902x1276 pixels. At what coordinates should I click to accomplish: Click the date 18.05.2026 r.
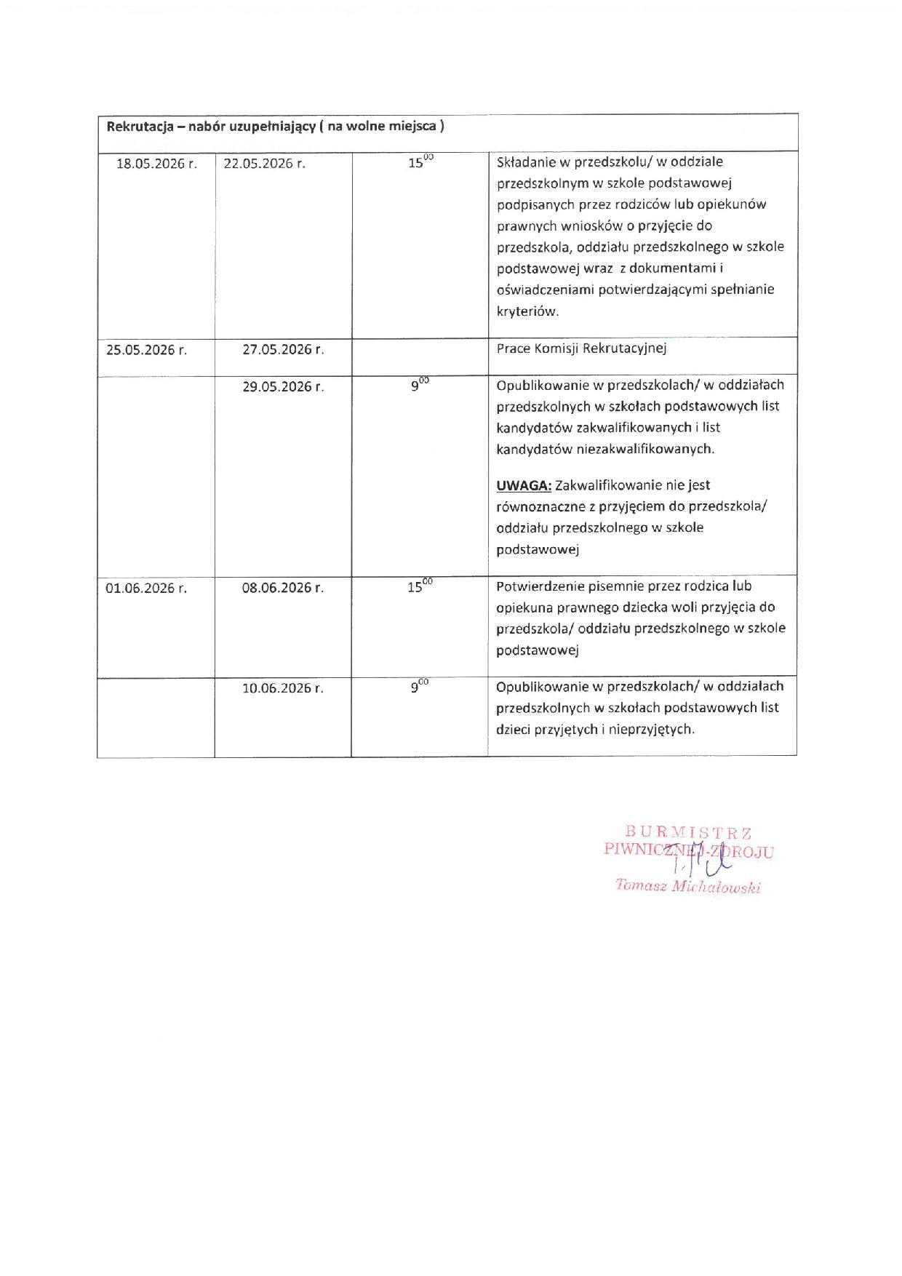(156, 164)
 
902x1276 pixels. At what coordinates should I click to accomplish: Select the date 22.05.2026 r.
(264, 164)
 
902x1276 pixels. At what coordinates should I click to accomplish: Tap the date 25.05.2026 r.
(146, 350)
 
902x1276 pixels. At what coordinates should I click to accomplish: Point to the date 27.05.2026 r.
(283, 349)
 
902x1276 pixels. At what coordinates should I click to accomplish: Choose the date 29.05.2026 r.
(283, 387)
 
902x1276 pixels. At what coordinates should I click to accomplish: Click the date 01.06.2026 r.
(146, 588)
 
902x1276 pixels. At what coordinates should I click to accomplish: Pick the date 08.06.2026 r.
(283, 588)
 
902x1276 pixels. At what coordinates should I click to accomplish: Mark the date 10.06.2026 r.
(283, 688)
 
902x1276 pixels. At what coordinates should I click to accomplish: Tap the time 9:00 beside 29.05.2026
(420, 385)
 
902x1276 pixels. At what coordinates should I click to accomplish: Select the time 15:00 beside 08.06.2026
(420, 586)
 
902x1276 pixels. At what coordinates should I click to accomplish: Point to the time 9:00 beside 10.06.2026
(420, 686)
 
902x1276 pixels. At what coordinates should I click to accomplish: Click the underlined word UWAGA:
(524, 485)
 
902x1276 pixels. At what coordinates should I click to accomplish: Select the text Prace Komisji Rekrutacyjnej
(581, 348)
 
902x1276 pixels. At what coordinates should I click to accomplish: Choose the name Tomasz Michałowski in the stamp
(687, 886)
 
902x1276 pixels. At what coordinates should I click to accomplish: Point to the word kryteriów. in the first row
(527, 311)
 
